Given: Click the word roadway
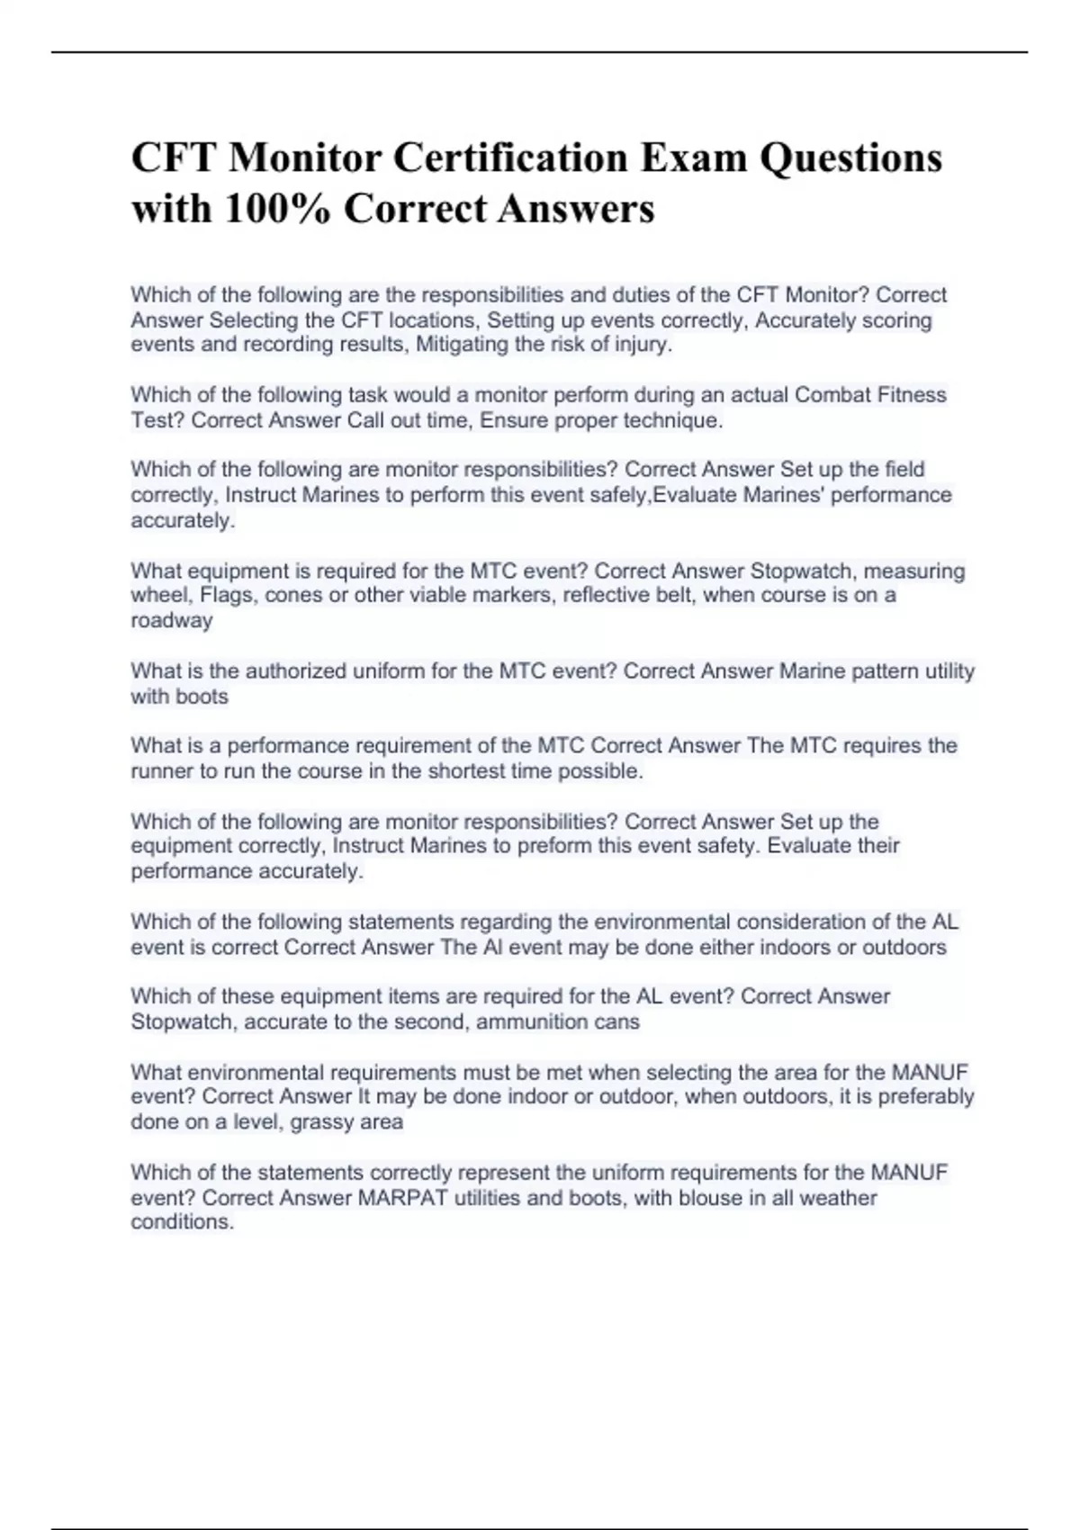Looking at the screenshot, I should click(172, 620).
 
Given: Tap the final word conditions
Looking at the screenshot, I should click(182, 1222).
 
